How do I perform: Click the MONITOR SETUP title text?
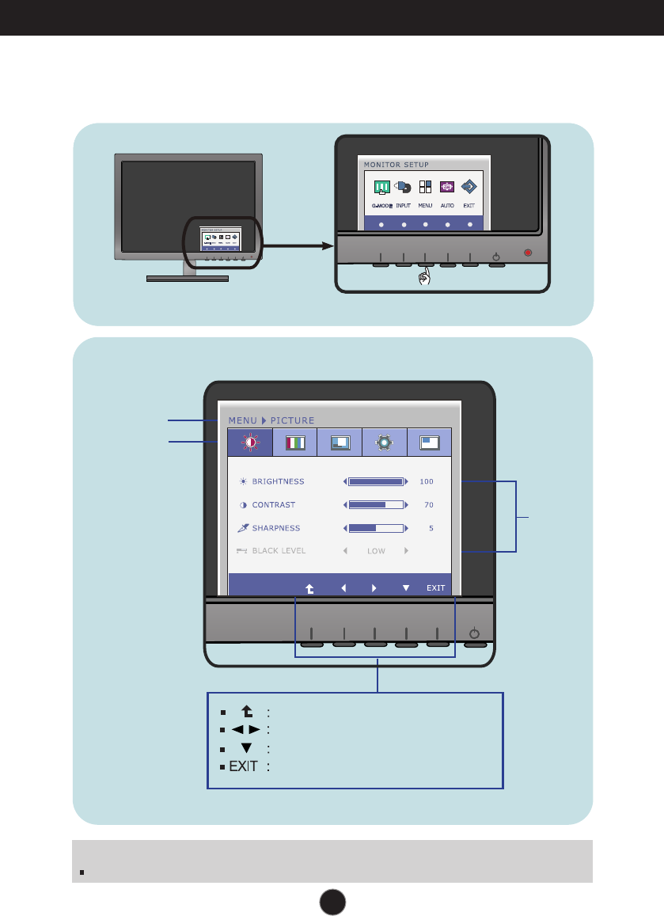pyautogui.click(x=396, y=165)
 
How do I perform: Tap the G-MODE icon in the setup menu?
pyautogui.click(x=381, y=188)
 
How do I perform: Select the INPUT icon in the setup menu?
pyautogui.click(x=404, y=188)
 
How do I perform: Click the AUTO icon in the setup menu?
pyautogui.click(x=447, y=188)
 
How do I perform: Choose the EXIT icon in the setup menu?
pyautogui.click(x=469, y=188)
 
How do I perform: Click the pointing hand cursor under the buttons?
pyautogui.click(x=425, y=277)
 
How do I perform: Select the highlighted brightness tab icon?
pyautogui.click(x=249, y=443)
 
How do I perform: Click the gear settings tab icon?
pyautogui.click(x=384, y=443)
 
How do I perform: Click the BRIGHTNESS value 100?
pyautogui.click(x=427, y=481)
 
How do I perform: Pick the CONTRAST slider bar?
pyautogui.click(x=376, y=504)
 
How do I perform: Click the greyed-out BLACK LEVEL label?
pyautogui.click(x=279, y=550)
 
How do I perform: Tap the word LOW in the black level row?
pyautogui.click(x=376, y=550)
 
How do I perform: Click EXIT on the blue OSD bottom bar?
pyautogui.click(x=436, y=588)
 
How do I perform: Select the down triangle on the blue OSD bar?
pyautogui.click(x=406, y=588)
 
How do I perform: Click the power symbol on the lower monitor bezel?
pyautogui.click(x=473, y=633)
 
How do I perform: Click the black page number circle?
pyautogui.click(x=332, y=900)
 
